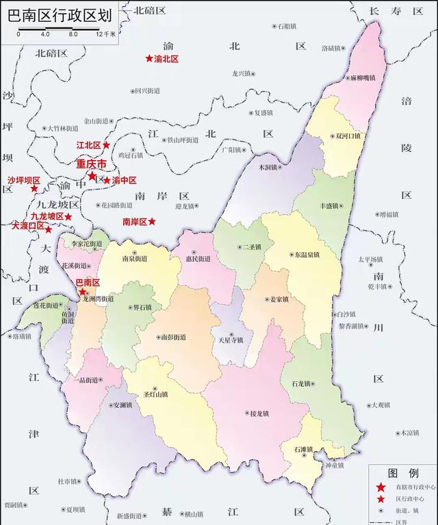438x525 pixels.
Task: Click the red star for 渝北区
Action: (x=149, y=59)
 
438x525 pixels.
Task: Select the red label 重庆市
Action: (x=90, y=164)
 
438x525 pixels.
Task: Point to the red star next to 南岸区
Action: (x=153, y=222)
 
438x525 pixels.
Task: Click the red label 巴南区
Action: (x=87, y=282)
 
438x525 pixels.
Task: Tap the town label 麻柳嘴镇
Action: (x=362, y=78)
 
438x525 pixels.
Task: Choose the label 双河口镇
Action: (x=348, y=136)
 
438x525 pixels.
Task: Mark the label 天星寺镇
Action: (x=230, y=340)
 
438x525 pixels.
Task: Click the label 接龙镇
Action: (x=259, y=413)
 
